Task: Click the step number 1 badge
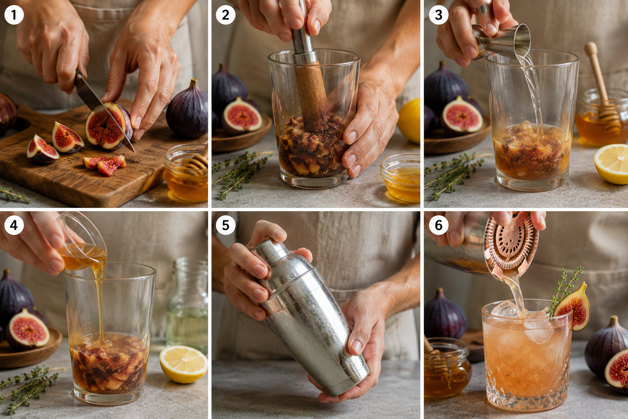(14, 15)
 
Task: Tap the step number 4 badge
(14, 225)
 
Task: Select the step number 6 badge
(438, 225)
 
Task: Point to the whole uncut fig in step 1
(187, 110)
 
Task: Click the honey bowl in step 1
(186, 173)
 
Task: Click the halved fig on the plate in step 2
(242, 116)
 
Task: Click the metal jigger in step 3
(502, 42)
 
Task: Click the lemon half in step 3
(611, 164)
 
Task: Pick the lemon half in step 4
(184, 364)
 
